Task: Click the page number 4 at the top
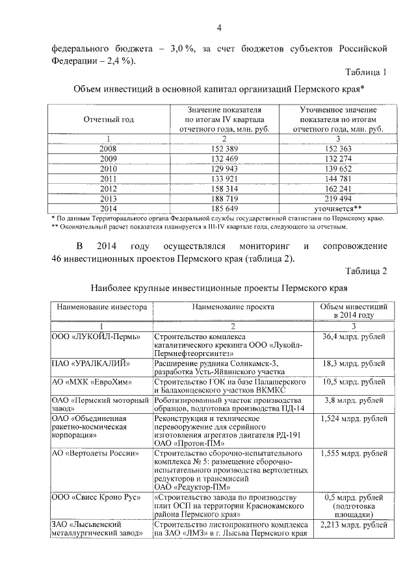pyautogui.click(x=219, y=27)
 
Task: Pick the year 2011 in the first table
pyautogui.click(x=109, y=179)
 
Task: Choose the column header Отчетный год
pyautogui.click(x=109, y=120)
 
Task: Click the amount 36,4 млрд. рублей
pyautogui.click(x=353, y=337)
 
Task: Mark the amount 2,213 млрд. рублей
pyautogui.click(x=353, y=525)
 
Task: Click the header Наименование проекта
pyautogui.click(x=233, y=306)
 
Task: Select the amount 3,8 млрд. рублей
pyautogui.click(x=353, y=400)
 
